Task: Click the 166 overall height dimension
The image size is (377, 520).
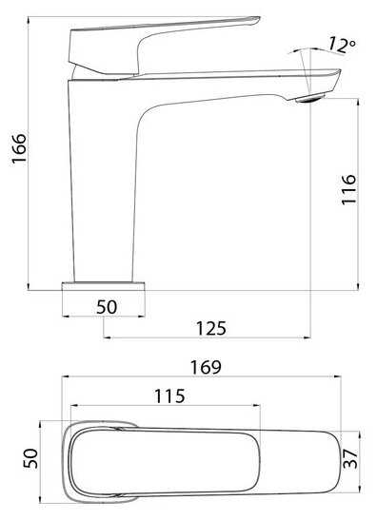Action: coord(19,148)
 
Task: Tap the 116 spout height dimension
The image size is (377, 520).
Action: coord(348,189)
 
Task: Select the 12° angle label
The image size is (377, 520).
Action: coord(342,46)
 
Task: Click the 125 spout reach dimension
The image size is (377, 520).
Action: coord(211,328)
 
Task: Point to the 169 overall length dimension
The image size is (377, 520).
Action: coord(206,367)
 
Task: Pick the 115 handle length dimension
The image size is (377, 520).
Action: coord(169,396)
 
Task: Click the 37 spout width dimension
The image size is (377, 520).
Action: coord(350,458)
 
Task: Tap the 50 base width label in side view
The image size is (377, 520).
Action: coord(107,307)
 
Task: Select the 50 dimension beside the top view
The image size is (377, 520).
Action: coord(30,458)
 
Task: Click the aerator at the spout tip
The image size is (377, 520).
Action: coord(311,98)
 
